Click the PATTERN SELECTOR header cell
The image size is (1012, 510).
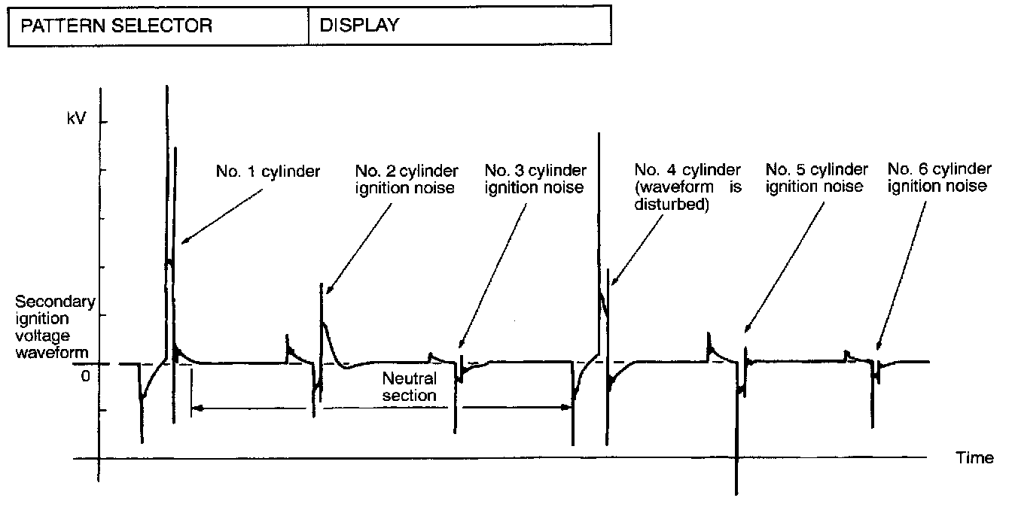(x=117, y=26)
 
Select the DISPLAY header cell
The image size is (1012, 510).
(x=359, y=26)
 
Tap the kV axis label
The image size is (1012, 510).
(x=77, y=121)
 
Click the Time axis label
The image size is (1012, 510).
(x=974, y=458)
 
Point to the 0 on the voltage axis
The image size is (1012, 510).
(x=85, y=375)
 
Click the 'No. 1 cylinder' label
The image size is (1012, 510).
(x=268, y=172)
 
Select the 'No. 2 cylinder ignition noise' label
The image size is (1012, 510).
(x=406, y=179)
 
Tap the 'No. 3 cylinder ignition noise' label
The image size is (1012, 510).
(x=535, y=179)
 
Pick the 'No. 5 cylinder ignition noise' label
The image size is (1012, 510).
(x=816, y=178)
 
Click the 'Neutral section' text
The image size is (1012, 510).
(x=409, y=386)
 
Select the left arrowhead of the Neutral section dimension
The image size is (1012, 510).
(x=194, y=408)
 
